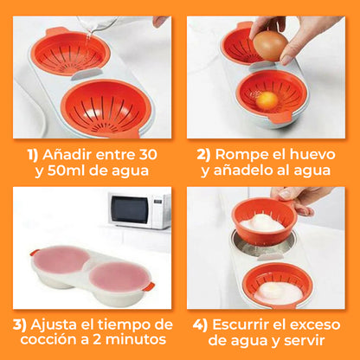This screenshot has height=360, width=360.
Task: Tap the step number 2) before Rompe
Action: coord(202,154)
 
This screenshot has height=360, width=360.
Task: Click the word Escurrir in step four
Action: coord(245,325)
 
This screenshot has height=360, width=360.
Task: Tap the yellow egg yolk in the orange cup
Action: coord(268,100)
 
